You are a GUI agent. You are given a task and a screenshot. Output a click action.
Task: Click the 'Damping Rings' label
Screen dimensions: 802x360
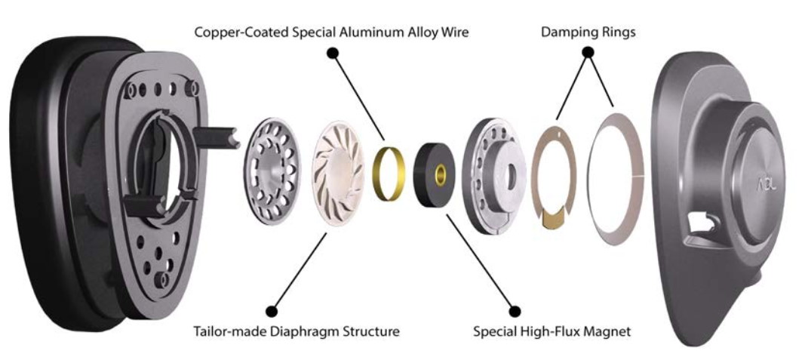pos(588,32)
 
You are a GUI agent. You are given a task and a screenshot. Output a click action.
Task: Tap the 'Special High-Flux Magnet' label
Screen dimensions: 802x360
pos(552,331)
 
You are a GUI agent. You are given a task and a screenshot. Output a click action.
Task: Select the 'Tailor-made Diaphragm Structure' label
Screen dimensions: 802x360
pos(297,331)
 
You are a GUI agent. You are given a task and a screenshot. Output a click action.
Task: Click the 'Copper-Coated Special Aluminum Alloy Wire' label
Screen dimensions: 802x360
pos(331,32)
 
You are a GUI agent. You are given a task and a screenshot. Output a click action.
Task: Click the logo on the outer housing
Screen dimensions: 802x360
pos(766,185)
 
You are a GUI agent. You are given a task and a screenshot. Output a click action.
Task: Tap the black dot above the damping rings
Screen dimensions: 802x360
pos(588,51)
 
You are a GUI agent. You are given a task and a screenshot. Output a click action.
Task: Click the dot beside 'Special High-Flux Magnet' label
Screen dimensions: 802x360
pos(515,311)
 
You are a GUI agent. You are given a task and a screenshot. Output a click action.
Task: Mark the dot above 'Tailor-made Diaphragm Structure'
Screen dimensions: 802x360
pos(272,311)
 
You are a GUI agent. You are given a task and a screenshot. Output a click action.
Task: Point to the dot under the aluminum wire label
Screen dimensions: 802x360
pos(333,53)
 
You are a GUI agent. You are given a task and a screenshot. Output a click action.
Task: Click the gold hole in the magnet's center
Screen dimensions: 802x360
pos(439,175)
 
